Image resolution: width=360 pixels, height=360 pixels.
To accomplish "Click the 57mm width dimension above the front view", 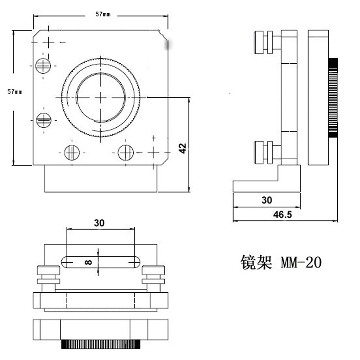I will pos(103,14).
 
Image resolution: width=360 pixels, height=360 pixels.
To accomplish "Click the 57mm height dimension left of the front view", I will pos(15,92).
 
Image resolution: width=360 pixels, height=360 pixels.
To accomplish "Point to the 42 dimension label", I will pos(183,148).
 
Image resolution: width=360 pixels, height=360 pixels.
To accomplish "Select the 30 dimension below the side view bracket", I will pos(267,200).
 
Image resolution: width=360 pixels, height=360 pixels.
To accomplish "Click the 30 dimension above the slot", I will pos(99,223).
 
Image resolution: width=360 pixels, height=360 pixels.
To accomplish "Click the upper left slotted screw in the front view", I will pos(44,66).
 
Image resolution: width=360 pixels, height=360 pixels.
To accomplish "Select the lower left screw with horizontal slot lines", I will pos(44,120).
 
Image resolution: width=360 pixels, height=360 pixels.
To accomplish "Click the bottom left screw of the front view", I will pos(72,152).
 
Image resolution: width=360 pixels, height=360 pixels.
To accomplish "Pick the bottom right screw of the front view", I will pos(126,152).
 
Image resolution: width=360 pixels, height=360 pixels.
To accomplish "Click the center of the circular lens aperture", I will pos(101,97).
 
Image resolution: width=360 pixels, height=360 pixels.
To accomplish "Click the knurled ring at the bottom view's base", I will pos(101,345).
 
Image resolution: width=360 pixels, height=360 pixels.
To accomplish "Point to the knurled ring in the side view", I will pos(333,98).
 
